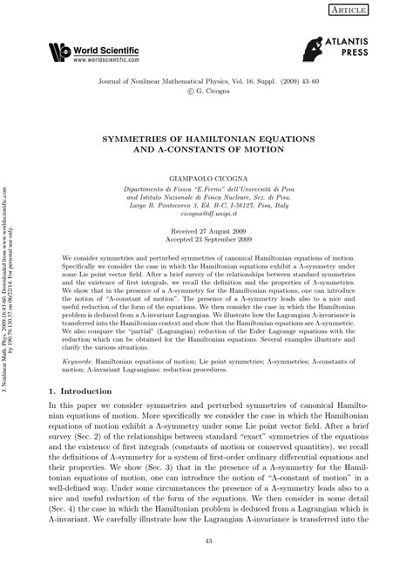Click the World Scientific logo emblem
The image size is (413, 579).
coord(59,53)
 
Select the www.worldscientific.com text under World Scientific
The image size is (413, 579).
coord(106,59)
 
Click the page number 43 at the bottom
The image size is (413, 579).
coord(206,567)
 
